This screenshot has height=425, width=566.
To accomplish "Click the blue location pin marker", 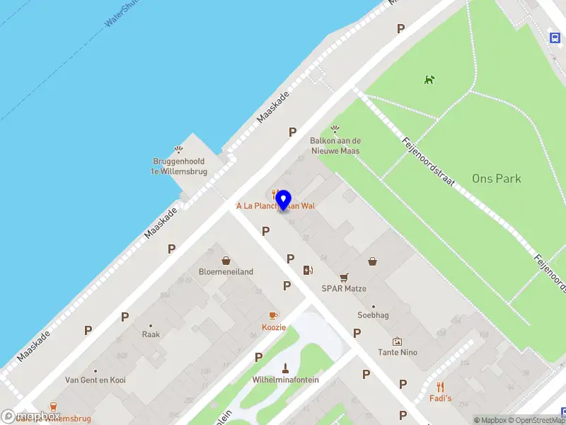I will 283,200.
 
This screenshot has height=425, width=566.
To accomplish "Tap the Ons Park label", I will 497,178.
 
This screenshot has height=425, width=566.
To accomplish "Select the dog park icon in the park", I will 429,80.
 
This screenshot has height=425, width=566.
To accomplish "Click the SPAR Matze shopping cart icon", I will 344,278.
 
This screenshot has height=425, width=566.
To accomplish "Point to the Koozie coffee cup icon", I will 273,316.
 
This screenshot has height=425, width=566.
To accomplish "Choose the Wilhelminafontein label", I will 286,380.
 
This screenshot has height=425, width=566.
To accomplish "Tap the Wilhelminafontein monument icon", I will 286,368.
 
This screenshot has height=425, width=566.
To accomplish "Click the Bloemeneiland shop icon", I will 226,261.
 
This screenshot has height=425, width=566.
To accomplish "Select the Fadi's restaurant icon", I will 441,387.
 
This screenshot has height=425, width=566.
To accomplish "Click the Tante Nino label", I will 398,353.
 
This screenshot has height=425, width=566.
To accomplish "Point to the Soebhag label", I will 373,315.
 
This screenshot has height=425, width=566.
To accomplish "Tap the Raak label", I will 151,334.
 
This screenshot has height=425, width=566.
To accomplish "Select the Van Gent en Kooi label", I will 96,380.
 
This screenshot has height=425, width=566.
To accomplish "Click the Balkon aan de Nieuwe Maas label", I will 335,146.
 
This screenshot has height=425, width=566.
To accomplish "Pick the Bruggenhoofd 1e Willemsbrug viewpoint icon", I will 179,149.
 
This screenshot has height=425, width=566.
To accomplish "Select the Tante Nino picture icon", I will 397,341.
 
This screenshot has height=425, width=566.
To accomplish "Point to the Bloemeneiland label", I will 226,272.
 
